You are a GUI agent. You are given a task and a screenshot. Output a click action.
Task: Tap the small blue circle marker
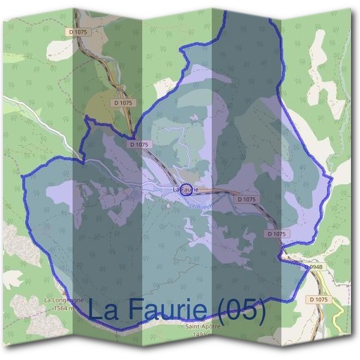click(187, 190)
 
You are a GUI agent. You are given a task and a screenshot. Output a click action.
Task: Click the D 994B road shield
click(313, 266)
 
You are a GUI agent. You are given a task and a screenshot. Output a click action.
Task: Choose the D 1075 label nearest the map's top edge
click(79, 31)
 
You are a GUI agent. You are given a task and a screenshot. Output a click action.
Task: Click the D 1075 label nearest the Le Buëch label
click(247, 199)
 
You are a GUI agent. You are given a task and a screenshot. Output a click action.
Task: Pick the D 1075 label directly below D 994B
click(319, 299)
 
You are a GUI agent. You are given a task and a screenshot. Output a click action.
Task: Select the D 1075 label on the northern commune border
click(139, 145)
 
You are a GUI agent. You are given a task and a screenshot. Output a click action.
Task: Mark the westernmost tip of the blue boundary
click(22, 178)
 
